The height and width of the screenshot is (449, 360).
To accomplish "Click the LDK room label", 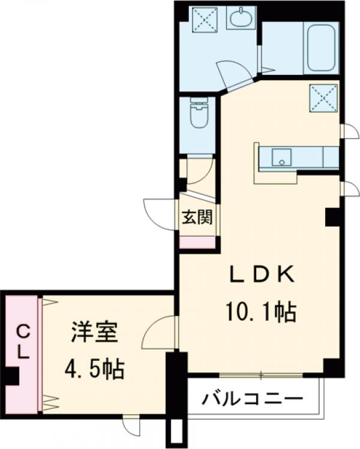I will pos(262,275).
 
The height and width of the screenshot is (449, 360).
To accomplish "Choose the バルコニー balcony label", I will pos(252,399).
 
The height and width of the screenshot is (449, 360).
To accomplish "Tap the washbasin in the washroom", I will pos(242,17).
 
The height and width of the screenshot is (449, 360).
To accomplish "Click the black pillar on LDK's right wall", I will pos(332,217).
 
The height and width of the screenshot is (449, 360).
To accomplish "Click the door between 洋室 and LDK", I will pos(160,332).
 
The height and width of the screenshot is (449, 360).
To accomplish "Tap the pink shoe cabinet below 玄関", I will pos(197,242).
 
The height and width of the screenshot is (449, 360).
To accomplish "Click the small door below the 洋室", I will pos(131,425).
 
